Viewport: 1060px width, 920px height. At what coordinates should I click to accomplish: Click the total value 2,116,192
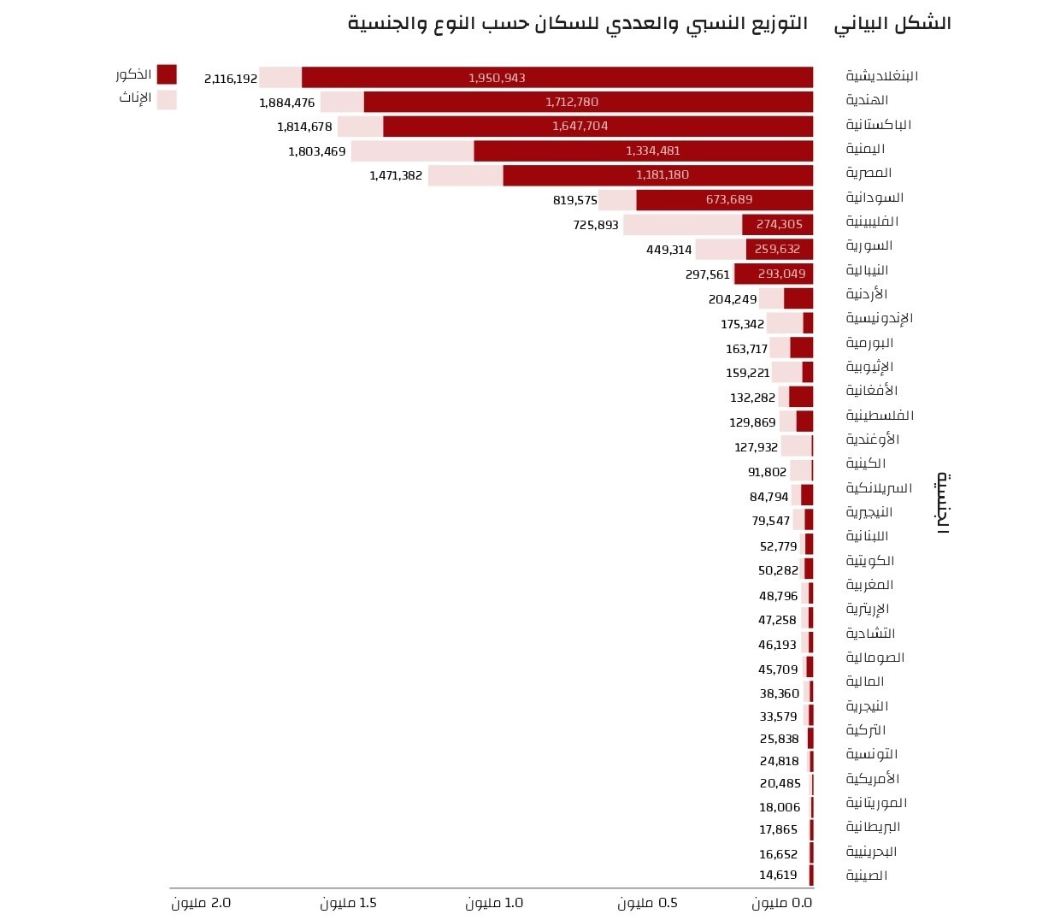tap(231, 79)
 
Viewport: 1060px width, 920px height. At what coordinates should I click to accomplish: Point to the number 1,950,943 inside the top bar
tap(497, 78)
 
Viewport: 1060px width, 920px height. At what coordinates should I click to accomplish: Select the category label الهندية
tap(867, 100)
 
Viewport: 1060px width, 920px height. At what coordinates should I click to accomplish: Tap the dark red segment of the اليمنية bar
tap(643, 151)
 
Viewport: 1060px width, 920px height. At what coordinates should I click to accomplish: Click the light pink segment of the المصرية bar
tap(465, 175)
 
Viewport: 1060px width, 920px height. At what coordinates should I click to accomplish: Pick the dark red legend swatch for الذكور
tap(167, 74)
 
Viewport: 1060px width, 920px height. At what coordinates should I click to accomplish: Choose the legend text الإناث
tap(135, 97)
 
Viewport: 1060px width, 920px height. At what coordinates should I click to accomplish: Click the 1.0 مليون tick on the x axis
tap(494, 903)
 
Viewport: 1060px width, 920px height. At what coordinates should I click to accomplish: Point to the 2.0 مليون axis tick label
tap(201, 903)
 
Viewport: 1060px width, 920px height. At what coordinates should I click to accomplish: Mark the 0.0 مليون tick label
tap(781, 903)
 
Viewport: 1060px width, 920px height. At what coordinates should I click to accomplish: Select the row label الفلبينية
tap(872, 221)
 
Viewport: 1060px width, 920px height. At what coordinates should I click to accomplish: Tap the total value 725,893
tap(596, 225)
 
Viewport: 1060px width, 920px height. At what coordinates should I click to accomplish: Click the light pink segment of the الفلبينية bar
tap(682, 225)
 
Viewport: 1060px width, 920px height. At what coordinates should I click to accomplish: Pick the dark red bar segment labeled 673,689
tap(725, 200)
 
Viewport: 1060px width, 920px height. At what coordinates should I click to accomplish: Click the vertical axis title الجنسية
tap(942, 503)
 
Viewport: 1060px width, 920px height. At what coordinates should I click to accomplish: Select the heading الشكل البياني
tap(892, 23)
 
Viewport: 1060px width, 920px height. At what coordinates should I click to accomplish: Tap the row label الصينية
tap(867, 876)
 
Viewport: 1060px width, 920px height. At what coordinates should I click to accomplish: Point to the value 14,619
tap(778, 875)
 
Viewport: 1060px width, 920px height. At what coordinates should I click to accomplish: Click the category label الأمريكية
tap(872, 779)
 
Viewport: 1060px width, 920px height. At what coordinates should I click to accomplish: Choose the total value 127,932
tap(756, 447)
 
